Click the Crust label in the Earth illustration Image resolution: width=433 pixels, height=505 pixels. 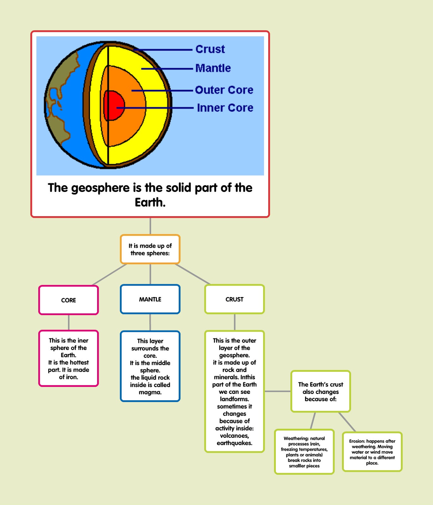click(210, 49)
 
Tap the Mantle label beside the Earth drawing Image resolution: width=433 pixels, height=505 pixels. click(213, 68)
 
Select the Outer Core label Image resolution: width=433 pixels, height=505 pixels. click(224, 90)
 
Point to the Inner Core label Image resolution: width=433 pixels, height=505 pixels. click(225, 108)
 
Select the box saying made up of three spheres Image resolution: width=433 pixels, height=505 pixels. click(150, 249)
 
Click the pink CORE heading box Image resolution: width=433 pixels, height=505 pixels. click(69, 300)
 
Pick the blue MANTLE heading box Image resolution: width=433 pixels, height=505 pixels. click(150, 299)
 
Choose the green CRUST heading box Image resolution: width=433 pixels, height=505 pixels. click(234, 299)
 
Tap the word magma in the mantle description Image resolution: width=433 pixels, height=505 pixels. click(150, 392)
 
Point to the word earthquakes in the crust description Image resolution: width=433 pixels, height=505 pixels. click(234, 443)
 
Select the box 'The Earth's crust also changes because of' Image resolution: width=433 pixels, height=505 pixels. click(320, 391)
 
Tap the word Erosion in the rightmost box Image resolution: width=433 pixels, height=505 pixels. click(357, 441)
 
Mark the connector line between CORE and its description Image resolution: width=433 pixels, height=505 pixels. click(69, 322)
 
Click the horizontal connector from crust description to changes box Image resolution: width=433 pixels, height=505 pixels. click(277, 391)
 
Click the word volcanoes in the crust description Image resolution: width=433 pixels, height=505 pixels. click(234, 436)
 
